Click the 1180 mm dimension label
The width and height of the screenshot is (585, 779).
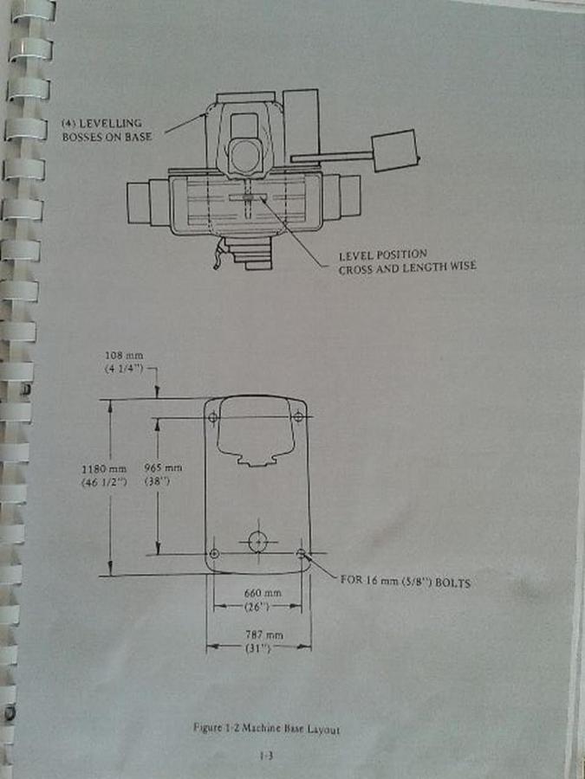(104, 469)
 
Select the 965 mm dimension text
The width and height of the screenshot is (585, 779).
(163, 467)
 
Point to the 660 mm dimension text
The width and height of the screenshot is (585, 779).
(263, 593)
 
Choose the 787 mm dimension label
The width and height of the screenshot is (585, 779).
(264, 634)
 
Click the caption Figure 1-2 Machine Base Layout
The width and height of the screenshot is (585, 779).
(266, 729)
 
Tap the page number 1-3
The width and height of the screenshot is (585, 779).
(266, 756)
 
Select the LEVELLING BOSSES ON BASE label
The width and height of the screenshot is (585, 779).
(107, 130)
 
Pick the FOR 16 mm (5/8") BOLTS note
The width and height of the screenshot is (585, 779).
(405, 582)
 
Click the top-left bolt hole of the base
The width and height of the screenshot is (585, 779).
(213, 417)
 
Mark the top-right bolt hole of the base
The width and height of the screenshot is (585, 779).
(298, 416)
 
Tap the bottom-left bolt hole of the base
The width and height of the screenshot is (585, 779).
(214, 553)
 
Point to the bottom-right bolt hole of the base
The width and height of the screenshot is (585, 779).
(301, 552)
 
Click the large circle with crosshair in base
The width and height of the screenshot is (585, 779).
(257, 541)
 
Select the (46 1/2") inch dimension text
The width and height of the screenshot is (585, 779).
(104, 482)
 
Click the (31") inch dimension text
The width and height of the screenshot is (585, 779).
(257, 647)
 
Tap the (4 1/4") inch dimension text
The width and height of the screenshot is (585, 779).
(124, 369)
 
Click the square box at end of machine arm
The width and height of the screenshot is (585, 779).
(395, 151)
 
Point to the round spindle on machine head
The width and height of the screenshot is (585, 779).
(246, 157)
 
